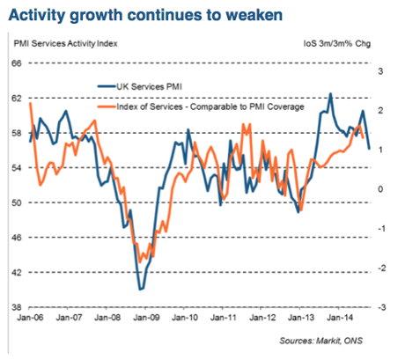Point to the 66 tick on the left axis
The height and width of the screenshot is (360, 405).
tap(16, 62)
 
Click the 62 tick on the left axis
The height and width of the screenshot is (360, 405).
tap(16, 98)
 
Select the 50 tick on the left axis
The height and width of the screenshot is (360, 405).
tap(16, 202)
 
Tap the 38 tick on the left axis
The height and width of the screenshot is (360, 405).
tap(16, 307)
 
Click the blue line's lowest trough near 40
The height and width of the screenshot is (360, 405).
tap(139, 289)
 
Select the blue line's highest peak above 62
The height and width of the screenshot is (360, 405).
tap(330, 93)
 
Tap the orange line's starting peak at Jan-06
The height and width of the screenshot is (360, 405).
tap(31, 104)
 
